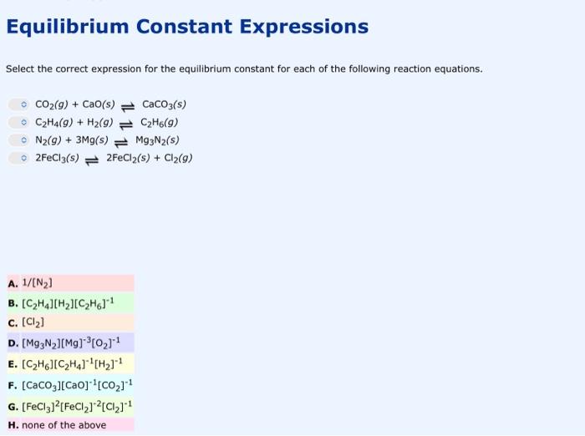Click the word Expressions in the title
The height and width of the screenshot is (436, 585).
303,27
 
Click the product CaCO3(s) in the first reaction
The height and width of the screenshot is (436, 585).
164,104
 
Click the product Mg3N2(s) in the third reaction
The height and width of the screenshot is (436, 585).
157,139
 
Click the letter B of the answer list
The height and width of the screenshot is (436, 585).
11,303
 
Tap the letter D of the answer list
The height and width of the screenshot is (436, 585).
11,343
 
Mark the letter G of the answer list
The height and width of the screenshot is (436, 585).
11,404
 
